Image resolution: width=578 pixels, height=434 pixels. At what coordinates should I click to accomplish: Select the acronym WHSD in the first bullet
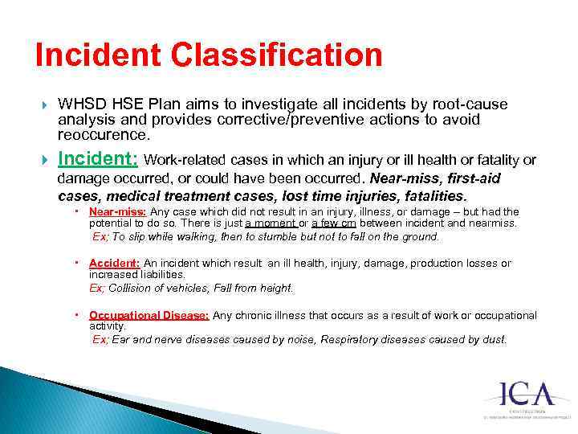click(x=80, y=105)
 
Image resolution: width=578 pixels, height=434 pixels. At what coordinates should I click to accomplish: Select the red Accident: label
click(x=114, y=264)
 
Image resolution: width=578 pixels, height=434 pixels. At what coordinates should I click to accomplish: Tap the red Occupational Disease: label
click(x=149, y=316)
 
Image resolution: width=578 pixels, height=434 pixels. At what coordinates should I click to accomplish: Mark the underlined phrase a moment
click(x=271, y=223)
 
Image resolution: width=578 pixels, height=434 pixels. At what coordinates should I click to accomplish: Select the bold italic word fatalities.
click(x=425, y=196)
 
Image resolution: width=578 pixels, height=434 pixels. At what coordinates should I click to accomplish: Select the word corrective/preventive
click(x=211, y=120)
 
